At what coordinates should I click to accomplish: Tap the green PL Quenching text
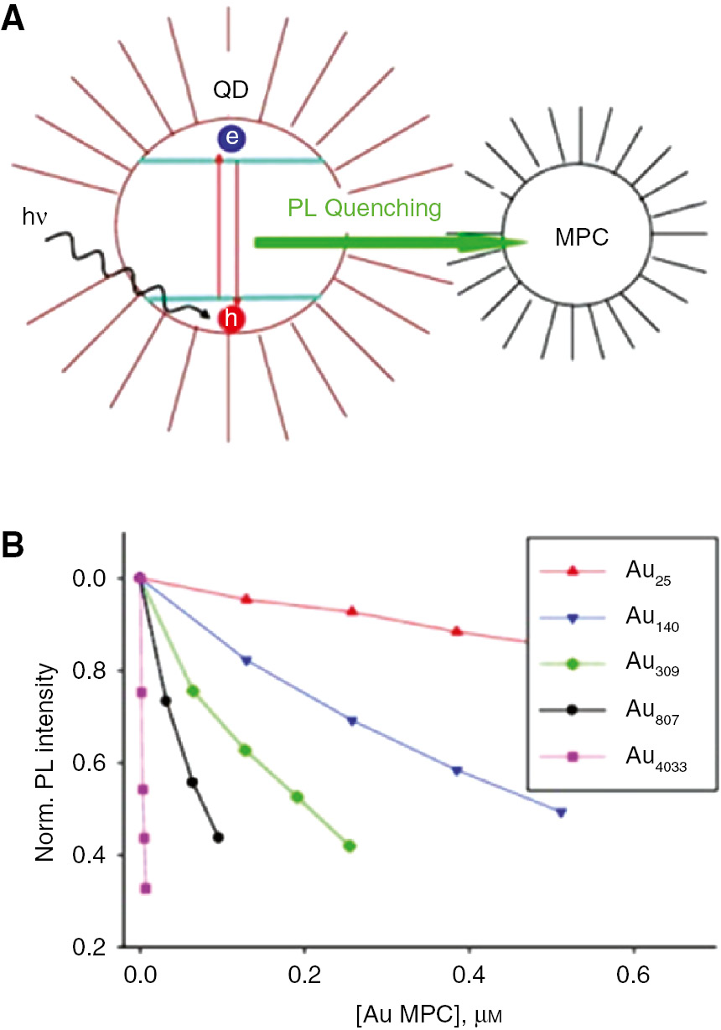(x=365, y=207)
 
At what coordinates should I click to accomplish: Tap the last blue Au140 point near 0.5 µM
(x=561, y=812)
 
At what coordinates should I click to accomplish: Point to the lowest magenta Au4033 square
(x=146, y=888)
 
